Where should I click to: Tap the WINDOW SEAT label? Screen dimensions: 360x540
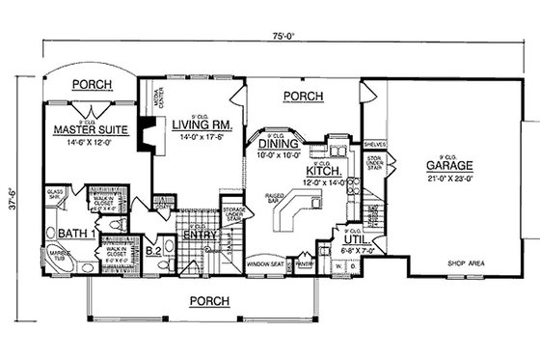click(x=263, y=263)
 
